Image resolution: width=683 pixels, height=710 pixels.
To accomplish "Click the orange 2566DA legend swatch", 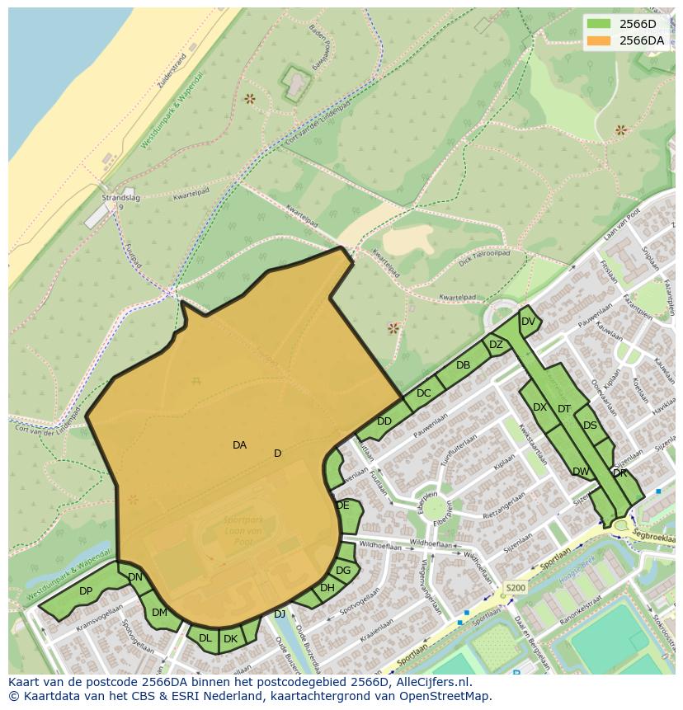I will (x=600, y=40).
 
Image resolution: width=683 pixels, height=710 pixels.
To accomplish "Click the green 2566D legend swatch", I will (x=600, y=24).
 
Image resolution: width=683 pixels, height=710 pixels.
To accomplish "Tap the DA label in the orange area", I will (x=239, y=445).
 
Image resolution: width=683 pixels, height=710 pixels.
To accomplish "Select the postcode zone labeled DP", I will (x=86, y=591).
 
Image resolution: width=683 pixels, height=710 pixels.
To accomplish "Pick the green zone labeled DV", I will (x=528, y=322).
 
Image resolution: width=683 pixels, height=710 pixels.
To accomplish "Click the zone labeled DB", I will (x=463, y=365).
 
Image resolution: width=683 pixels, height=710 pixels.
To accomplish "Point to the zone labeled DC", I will (x=423, y=393).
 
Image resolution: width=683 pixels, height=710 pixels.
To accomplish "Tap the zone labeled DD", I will (x=384, y=421).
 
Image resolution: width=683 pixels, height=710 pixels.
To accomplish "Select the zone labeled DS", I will (x=590, y=426).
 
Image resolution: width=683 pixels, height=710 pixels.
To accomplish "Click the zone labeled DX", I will (x=539, y=407).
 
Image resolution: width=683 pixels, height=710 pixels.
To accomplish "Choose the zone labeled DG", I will (x=343, y=571).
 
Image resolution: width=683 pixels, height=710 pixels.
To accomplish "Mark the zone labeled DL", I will (x=205, y=638).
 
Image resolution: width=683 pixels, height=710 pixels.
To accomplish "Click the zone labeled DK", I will (x=231, y=638).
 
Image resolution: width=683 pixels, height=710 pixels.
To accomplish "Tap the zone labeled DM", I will (x=159, y=613).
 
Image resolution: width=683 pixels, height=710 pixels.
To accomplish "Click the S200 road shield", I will (x=515, y=588).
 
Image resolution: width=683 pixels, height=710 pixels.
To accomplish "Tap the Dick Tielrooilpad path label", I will (x=485, y=255).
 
